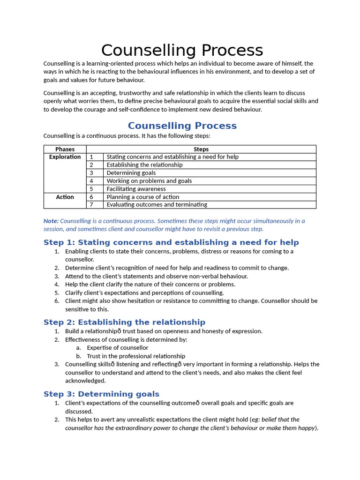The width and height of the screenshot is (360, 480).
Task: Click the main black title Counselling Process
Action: pos(182,50)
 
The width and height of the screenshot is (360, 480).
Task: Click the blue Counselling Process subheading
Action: pos(182,126)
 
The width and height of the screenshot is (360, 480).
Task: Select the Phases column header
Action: pos(65,149)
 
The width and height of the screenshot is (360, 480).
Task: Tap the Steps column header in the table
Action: pos(201,149)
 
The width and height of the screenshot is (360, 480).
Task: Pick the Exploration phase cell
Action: pos(65,157)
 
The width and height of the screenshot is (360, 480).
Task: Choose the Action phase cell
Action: pos(65,197)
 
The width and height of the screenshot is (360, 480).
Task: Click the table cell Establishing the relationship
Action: pos(144,165)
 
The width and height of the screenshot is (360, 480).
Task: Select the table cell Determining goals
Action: pos(131,173)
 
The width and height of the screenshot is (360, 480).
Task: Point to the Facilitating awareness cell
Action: pos(136,189)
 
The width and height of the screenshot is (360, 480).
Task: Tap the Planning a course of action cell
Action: pos(142,197)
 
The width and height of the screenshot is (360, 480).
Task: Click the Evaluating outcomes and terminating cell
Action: pos(157,205)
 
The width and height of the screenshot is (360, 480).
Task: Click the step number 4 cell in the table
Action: pos(92,181)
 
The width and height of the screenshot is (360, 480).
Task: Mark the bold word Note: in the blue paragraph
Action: pos(51,221)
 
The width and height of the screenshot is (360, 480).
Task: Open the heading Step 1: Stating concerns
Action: pos(171,242)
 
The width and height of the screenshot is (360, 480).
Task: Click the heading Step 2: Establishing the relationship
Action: pos(124,322)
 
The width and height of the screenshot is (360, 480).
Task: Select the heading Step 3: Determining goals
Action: pos(101,394)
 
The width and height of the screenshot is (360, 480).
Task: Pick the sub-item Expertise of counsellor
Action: pos(117,348)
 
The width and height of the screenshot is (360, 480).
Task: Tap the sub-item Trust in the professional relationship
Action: pos(136,356)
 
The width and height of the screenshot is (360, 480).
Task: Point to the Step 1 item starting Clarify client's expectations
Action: pos(144,292)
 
